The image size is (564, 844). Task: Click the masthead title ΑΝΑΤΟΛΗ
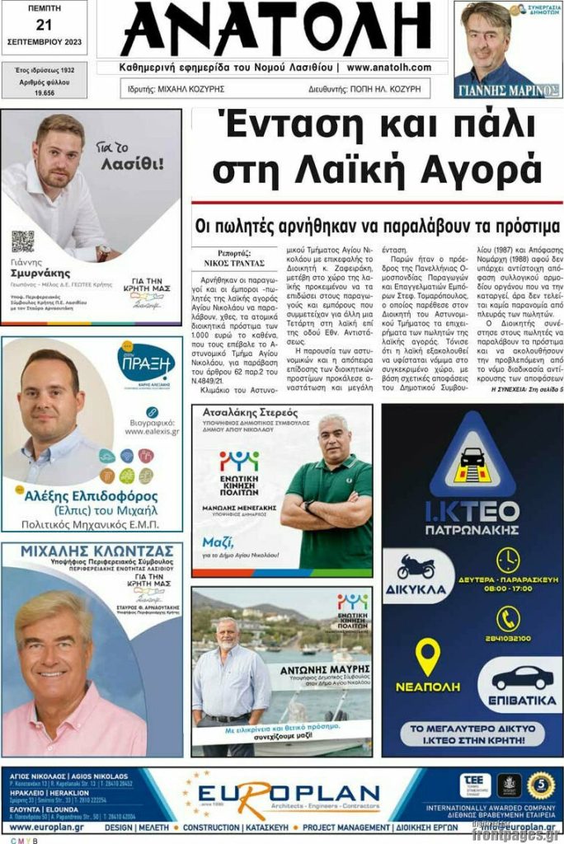pyautogui.click(x=277, y=29)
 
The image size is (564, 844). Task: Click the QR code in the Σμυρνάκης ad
pyautogui.click(x=22, y=241)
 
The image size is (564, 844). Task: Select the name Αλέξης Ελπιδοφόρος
pyautogui.click(x=92, y=497)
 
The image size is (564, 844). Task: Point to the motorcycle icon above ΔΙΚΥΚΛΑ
pyautogui.click(x=416, y=567)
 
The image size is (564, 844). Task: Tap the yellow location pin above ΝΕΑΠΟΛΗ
pyautogui.click(x=427, y=656)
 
